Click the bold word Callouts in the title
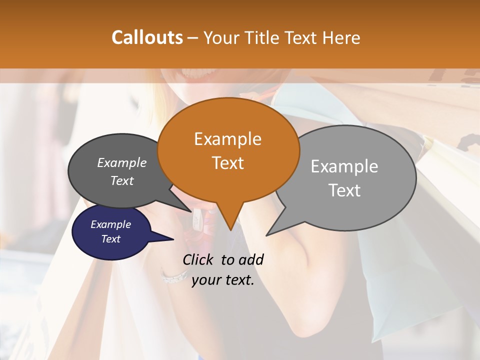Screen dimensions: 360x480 (147, 37)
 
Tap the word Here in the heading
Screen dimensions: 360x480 (341, 38)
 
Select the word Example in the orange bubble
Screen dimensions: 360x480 (227, 139)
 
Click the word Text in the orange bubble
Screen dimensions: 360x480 (227, 162)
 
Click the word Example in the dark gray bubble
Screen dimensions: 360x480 (122, 162)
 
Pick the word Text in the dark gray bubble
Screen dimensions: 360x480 (122, 180)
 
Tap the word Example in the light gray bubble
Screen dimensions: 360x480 (344, 166)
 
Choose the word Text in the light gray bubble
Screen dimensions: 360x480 (344, 190)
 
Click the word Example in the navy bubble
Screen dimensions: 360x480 (110, 224)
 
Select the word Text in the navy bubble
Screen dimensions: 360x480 (110, 239)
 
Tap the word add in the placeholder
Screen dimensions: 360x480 (251, 259)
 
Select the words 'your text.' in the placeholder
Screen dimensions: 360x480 (222, 280)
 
